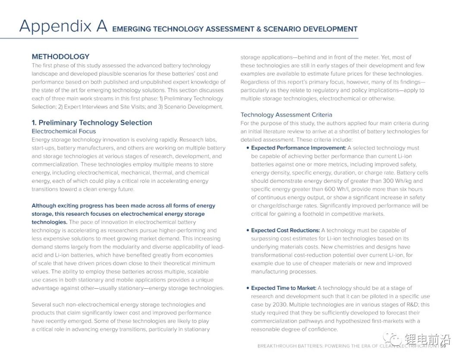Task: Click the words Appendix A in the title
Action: [63, 26]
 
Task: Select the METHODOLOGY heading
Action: [60, 57]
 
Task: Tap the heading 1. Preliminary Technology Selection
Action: [91, 123]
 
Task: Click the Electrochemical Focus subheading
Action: [64, 131]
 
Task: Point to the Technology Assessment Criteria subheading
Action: [286, 115]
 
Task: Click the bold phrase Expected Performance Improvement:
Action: [299, 148]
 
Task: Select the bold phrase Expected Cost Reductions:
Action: [285, 231]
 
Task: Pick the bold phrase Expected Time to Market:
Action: [283, 288]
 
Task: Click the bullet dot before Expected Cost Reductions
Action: [248, 231]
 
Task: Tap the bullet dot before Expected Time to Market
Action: [248, 288]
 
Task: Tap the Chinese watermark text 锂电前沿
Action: [427, 339]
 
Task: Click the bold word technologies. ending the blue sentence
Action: [49, 222]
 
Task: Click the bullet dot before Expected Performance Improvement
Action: [248, 148]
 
